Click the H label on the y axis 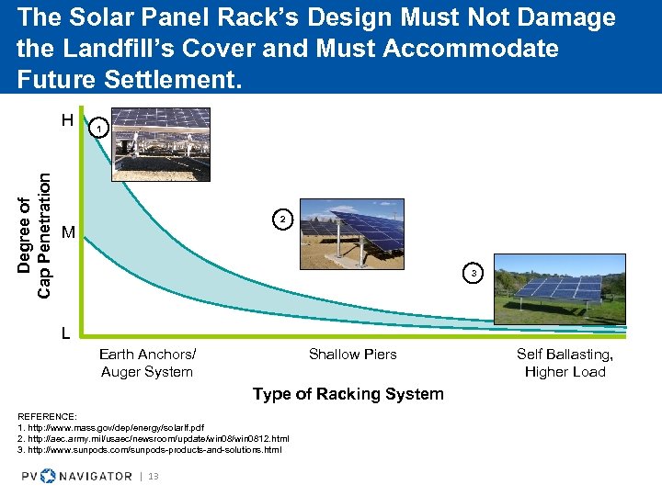[x=67, y=119]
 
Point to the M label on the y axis [x=67, y=231]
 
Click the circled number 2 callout [x=283, y=220]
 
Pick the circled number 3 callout [x=474, y=273]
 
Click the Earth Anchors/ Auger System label [x=147, y=363]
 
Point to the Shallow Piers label [x=352, y=355]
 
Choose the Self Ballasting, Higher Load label [x=565, y=363]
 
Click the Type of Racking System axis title [x=348, y=394]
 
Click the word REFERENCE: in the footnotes [x=47, y=417]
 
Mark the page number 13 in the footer [x=154, y=476]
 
